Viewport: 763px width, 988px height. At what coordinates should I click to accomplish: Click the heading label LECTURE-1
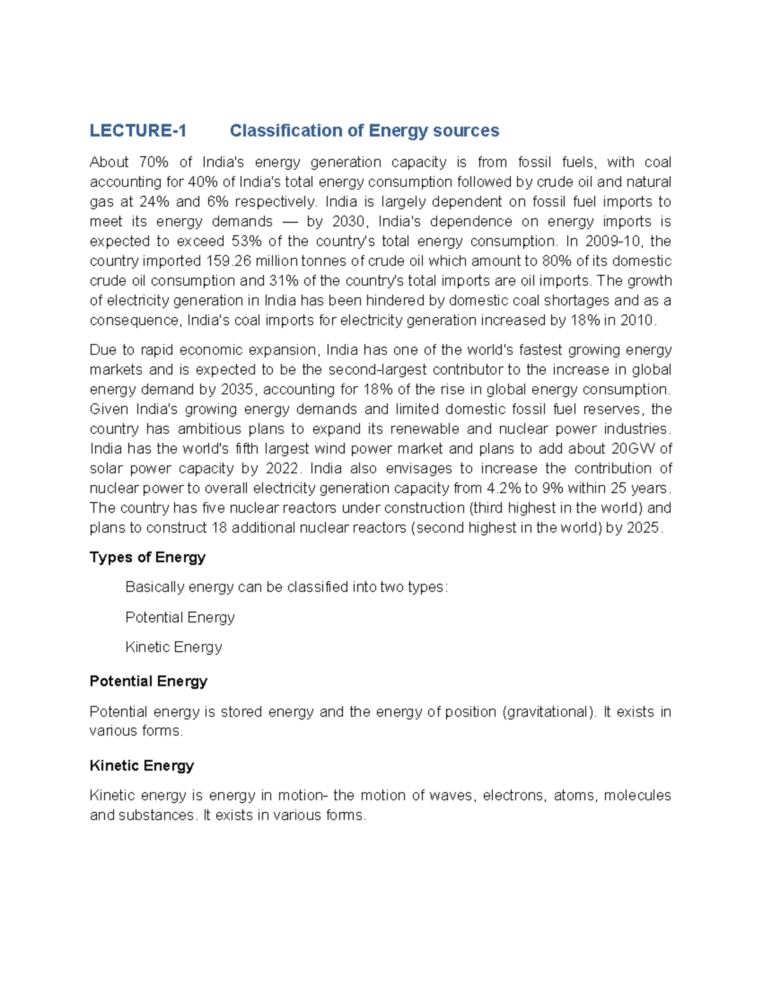point(138,131)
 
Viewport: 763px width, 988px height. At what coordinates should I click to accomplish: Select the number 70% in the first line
point(154,162)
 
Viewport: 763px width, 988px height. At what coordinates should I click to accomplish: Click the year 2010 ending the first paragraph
point(637,320)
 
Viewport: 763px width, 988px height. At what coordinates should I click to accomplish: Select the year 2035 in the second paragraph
point(238,389)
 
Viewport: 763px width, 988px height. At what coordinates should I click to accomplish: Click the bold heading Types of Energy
point(148,557)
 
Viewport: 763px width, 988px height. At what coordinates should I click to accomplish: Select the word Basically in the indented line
point(155,587)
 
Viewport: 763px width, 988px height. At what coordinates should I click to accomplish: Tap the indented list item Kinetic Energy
point(174,647)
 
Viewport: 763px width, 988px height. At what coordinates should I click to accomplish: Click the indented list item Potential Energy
point(180,617)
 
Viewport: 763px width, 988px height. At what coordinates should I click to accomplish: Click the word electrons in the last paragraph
point(512,795)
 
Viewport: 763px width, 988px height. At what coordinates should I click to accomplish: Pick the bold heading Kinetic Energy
point(142,765)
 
